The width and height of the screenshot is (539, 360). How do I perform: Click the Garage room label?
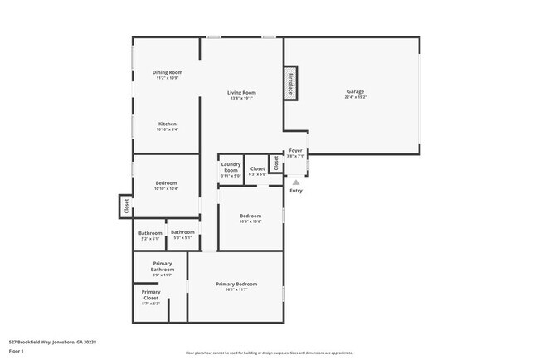pyautogui.click(x=356, y=90)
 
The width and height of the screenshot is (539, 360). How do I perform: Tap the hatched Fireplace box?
pyautogui.click(x=291, y=84)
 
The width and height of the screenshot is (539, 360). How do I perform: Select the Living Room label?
pyautogui.click(x=242, y=93)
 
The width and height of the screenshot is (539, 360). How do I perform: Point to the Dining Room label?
pyautogui.click(x=167, y=73)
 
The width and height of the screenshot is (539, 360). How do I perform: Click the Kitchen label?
pyautogui.click(x=167, y=124)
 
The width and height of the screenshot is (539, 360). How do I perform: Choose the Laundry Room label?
pyautogui.click(x=231, y=168)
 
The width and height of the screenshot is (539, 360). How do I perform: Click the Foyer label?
pyautogui.click(x=295, y=151)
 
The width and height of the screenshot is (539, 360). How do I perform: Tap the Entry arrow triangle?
pyautogui.click(x=295, y=182)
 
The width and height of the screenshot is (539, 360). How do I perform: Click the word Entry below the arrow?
pyautogui.click(x=296, y=191)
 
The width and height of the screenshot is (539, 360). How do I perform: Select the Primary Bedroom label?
pyautogui.click(x=236, y=285)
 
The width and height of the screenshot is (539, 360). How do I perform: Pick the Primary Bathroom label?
pyautogui.click(x=163, y=266)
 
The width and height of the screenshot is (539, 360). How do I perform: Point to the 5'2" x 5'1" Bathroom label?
pyautogui.click(x=150, y=233)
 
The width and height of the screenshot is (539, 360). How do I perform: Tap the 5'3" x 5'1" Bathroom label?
pyautogui.click(x=182, y=232)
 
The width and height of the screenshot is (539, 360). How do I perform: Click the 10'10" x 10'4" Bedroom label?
pyautogui.click(x=167, y=183)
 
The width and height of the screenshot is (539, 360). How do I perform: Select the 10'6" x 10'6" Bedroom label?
pyautogui.click(x=250, y=216)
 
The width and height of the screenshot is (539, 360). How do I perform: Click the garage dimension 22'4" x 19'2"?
pyautogui.click(x=356, y=97)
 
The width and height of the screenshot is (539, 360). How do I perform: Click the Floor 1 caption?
pyautogui.click(x=17, y=351)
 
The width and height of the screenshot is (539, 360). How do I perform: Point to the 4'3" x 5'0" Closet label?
pyautogui.click(x=258, y=169)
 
